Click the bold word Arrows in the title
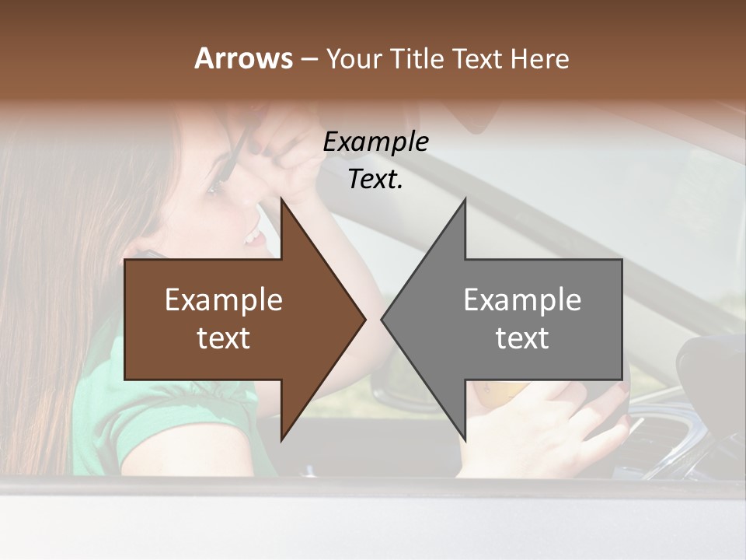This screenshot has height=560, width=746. pyautogui.click(x=243, y=58)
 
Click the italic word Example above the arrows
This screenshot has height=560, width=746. pyautogui.click(x=376, y=142)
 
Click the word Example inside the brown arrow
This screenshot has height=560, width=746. pyautogui.click(x=224, y=300)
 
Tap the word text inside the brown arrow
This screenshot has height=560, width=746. pyautogui.click(x=224, y=338)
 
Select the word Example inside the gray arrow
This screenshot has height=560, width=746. pyautogui.click(x=522, y=300)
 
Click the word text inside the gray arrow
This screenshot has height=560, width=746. pyautogui.click(x=522, y=338)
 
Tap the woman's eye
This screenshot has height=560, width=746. pyautogui.click(x=214, y=187)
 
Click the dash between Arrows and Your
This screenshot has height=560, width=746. pyautogui.click(x=309, y=59)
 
